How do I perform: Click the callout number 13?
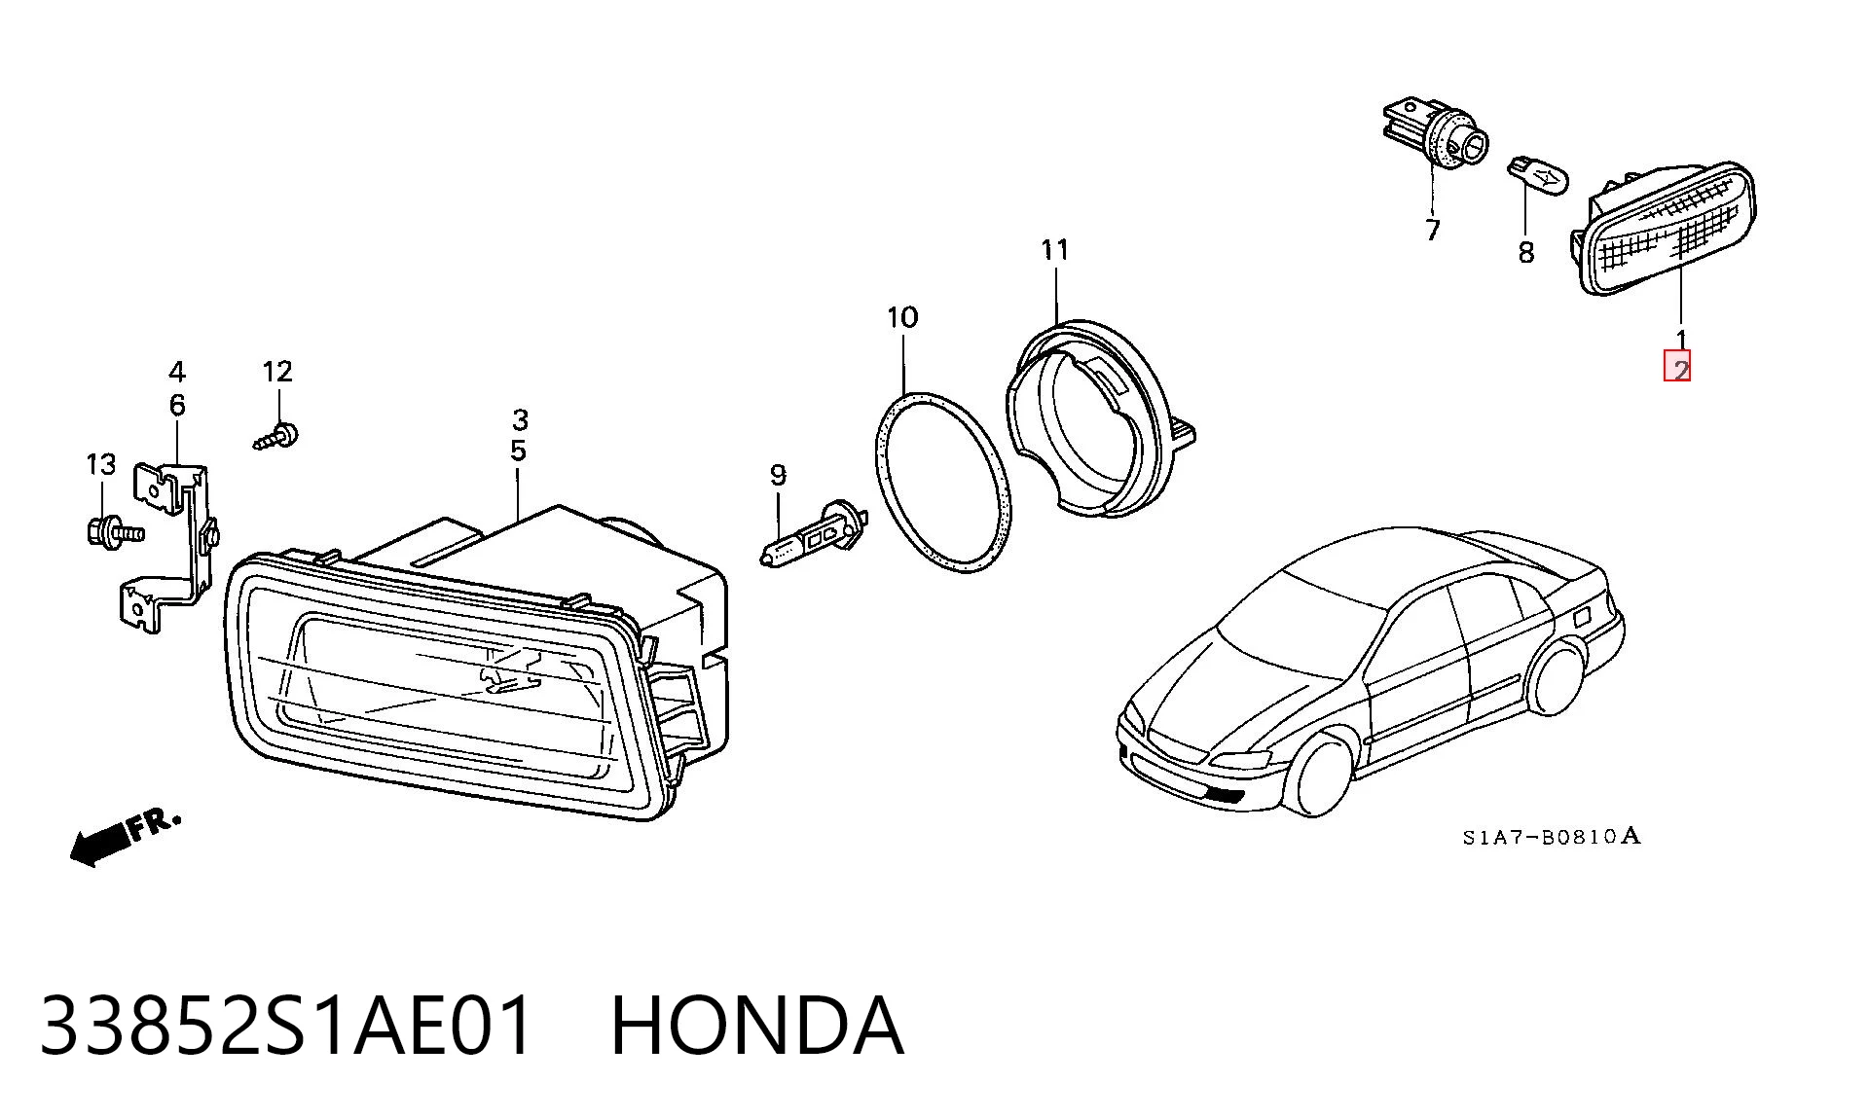[101, 465]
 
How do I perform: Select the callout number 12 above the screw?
[277, 371]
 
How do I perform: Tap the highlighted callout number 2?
[1677, 366]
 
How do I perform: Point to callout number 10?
[902, 317]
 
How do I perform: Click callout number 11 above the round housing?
[1055, 250]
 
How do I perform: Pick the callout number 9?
[778, 475]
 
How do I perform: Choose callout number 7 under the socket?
[1432, 231]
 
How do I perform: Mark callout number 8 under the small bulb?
[1525, 253]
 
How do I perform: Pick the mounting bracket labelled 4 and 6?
[173, 547]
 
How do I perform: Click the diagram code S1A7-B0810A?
[1551, 836]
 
